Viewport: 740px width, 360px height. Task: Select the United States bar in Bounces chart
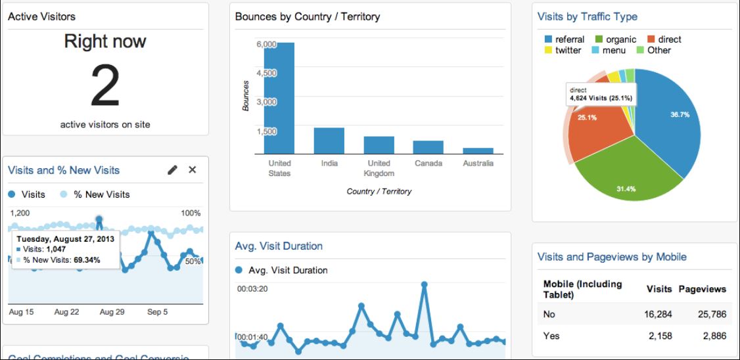(279, 99)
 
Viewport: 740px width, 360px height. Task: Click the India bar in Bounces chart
(329, 141)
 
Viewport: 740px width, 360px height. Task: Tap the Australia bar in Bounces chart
(478, 150)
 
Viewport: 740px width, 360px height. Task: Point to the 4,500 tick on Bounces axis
(266, 73)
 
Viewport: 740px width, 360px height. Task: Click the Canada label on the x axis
(428, 163)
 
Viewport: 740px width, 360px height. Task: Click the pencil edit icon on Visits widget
(173, 170)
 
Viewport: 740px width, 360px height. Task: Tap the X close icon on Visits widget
(193, 170)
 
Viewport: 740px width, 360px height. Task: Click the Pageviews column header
(702, 289)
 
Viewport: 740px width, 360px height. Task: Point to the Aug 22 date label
(66, 312)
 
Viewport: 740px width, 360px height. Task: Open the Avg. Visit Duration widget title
(279, 246)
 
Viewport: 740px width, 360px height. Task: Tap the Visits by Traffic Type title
(587, 16)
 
